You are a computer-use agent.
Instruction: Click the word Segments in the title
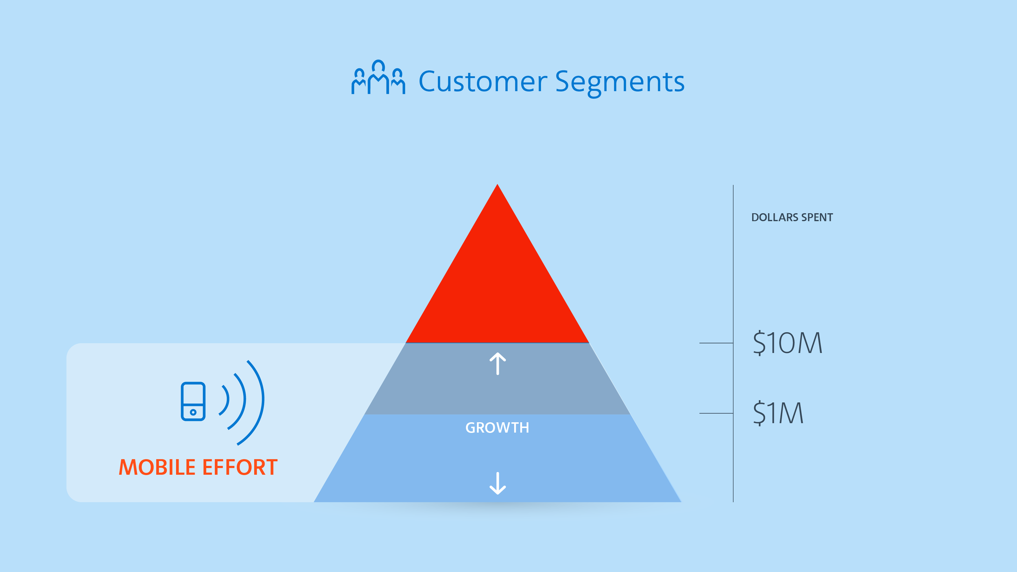(620, 82)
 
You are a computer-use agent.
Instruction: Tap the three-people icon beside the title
(378, 78)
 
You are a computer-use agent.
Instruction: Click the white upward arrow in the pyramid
(498, 363)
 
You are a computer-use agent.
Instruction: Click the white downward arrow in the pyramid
(498, 483)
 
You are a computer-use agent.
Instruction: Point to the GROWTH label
(497, 428)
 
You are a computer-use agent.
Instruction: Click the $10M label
(787, 343)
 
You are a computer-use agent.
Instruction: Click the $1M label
(778, 413)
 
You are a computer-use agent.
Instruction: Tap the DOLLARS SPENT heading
(792, 218)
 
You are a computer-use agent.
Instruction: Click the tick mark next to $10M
(716, 343)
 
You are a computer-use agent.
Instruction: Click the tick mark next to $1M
(716, 413)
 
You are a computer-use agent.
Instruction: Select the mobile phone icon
(193, 401)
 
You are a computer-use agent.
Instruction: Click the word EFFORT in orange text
(240, 467)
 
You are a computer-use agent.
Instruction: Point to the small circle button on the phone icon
(193, 413)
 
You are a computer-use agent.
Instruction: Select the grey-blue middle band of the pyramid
(497, 391)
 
